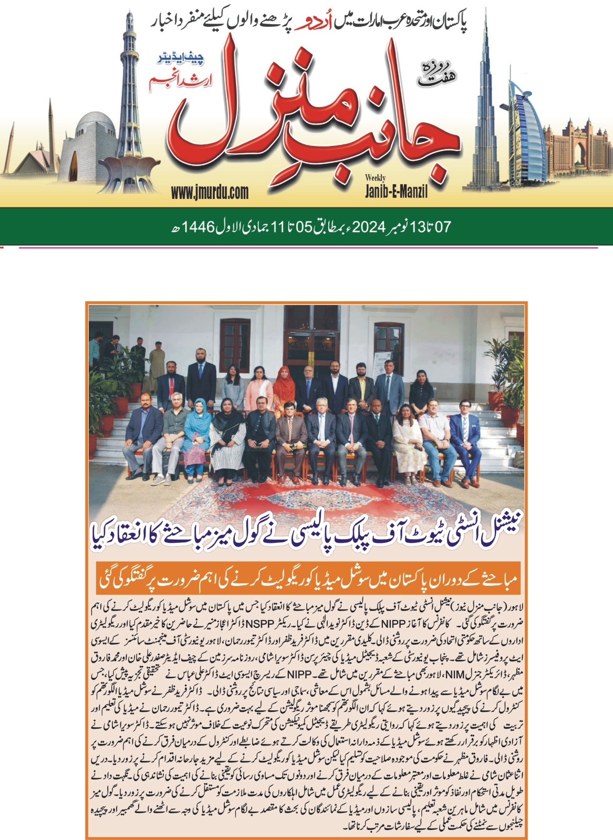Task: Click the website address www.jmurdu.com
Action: (210, 192)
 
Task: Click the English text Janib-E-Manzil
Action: (396, 192)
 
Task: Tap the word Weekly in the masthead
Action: (376, 178)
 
